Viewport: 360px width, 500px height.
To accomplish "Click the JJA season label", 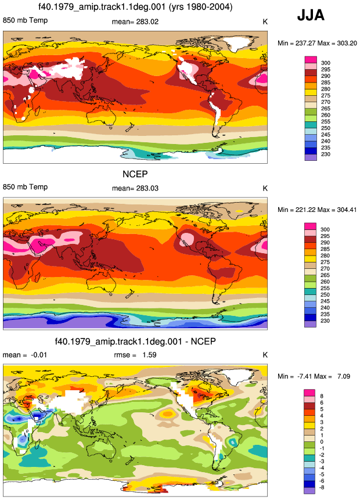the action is click(x=311, y=15).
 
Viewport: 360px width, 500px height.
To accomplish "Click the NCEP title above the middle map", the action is click(x=135, y=174).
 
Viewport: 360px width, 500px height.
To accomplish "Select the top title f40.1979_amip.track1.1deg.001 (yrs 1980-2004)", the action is click(x=135, y=6).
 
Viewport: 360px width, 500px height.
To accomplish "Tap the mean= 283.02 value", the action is click(x=135, y=21).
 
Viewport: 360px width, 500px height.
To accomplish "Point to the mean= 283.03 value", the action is click(x=135, y=188).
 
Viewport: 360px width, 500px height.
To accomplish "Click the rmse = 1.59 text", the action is click(x=135, y=355).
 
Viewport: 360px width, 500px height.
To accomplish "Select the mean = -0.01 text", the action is click(x=25, y=355).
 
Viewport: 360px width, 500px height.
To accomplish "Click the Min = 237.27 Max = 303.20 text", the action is click(x=317, y=43).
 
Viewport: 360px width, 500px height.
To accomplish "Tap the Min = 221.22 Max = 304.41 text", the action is click(x=317, y=210).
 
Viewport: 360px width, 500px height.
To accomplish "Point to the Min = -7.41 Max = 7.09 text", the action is click(x=314, y=376).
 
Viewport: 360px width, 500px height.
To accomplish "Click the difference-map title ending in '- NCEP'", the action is click(x=135, y=341).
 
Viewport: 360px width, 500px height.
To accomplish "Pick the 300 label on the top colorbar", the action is click(x=326, y=63).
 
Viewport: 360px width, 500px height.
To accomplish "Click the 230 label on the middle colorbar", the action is click(x=325, y=321).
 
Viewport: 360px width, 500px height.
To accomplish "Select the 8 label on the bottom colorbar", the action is click(x=322, y=396).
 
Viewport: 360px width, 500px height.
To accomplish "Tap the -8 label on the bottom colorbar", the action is click(x=322, y=487).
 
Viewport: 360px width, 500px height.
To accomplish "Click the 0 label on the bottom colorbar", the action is click(x=322, y=442).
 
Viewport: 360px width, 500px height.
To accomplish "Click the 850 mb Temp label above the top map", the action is click(x=25, y=20).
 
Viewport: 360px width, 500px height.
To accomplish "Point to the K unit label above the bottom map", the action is click(x=265, y=355).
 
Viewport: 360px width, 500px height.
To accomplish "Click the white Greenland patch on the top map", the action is click(x=236, y=44).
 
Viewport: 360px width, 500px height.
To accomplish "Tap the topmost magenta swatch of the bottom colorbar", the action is click(x=309, y=393).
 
